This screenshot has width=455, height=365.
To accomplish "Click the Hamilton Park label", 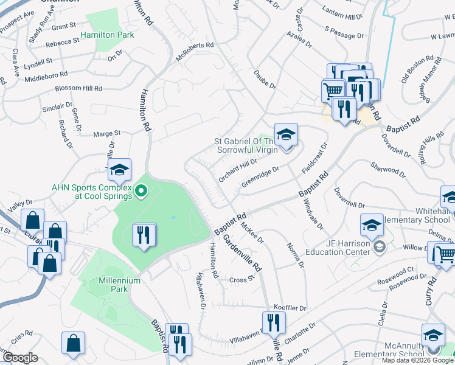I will [111, 35].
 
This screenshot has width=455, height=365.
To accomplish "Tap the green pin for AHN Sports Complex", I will [142, 193].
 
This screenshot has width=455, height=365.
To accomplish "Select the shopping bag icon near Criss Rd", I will [73, 342].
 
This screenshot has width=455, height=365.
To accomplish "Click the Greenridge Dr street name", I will [260, 175].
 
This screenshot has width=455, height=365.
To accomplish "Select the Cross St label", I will [241, 280].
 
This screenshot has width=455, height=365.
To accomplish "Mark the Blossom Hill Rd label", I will [78, 88].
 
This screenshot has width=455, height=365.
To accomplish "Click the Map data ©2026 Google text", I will [417, 360].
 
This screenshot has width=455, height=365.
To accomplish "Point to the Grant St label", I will [63, 26].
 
